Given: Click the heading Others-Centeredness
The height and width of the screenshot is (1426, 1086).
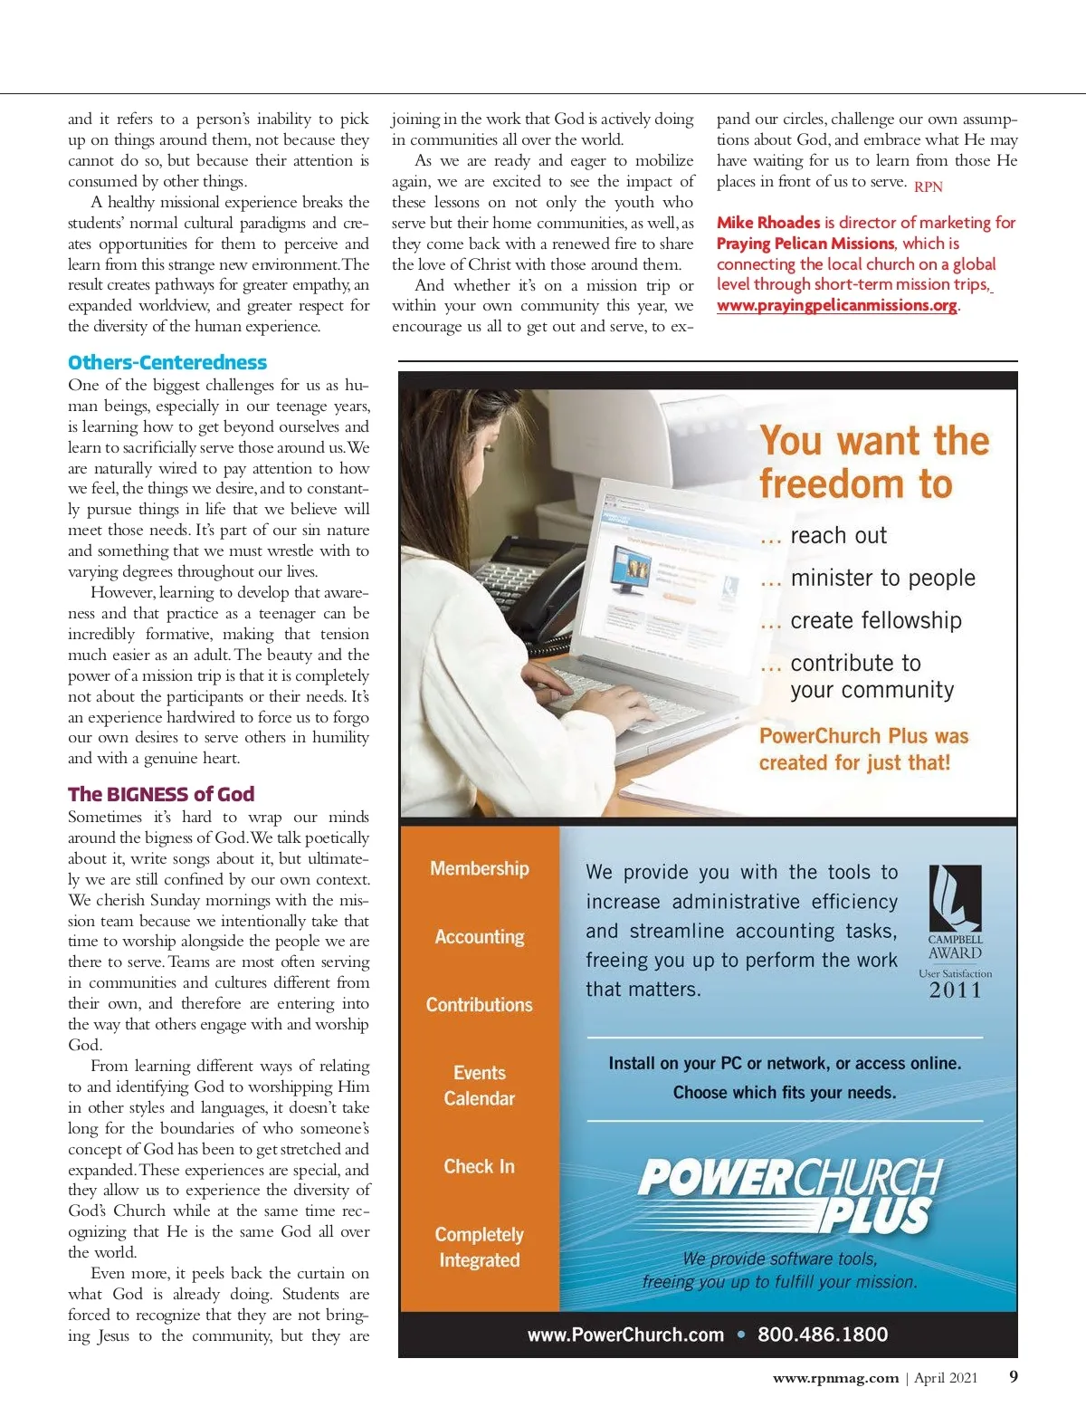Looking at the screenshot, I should [167, 363].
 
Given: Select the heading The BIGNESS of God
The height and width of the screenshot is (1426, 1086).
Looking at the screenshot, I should [161, 794].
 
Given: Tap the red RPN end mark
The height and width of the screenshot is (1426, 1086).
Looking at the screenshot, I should [929, 187].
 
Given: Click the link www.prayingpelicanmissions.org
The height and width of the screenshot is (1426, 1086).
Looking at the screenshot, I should [837, 305].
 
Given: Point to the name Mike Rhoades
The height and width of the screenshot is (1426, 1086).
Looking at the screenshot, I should [768, 223].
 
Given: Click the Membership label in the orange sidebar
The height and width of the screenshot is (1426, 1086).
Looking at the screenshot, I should [480, 868].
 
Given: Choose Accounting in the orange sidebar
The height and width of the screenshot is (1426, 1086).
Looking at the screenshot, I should [480, 937].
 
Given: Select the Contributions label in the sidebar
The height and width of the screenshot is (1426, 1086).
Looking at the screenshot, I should [480, 1005].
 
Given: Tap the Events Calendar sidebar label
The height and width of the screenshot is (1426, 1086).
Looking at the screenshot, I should [480, 1086].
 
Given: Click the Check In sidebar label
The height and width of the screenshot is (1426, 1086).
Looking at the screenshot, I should [480, 1166].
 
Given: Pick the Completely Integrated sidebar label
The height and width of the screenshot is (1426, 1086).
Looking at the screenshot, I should [480, 1247].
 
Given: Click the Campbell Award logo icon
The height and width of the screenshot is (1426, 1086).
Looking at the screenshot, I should [956, 898].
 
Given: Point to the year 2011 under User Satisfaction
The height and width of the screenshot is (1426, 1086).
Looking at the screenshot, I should [956, 991].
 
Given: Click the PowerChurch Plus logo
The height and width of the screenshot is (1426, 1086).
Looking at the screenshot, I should [789, 1194].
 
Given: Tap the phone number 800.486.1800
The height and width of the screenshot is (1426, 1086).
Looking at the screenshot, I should [823, 1335].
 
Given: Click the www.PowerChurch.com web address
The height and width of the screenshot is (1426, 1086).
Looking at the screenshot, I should [625, 1335].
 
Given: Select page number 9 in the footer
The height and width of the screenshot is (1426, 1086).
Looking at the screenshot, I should [1014, 1377].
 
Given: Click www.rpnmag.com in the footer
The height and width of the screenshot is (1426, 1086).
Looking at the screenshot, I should [835, 1378].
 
